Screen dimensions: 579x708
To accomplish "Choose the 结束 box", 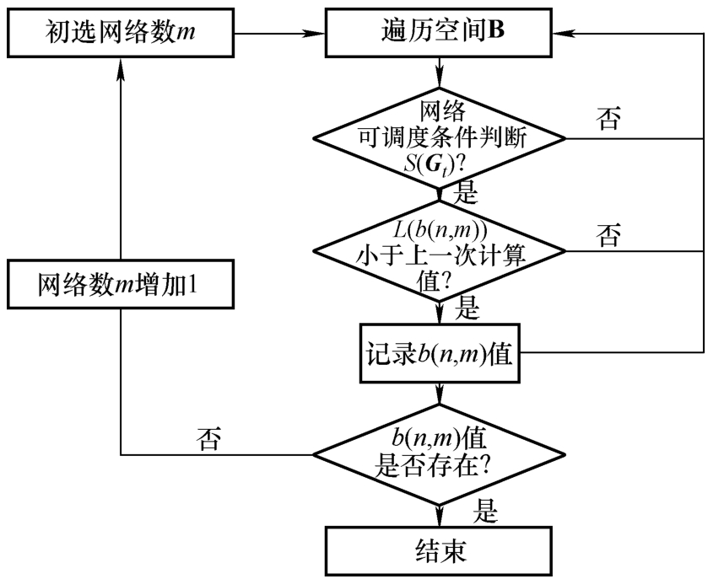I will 439,554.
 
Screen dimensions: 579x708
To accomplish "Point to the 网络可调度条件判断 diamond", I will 439,135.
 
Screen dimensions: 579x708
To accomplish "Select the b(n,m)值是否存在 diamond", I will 439,455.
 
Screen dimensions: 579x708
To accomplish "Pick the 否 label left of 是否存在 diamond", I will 208,437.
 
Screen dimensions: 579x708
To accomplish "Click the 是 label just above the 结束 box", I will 487,509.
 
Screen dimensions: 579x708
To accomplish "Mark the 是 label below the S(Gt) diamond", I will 466,193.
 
